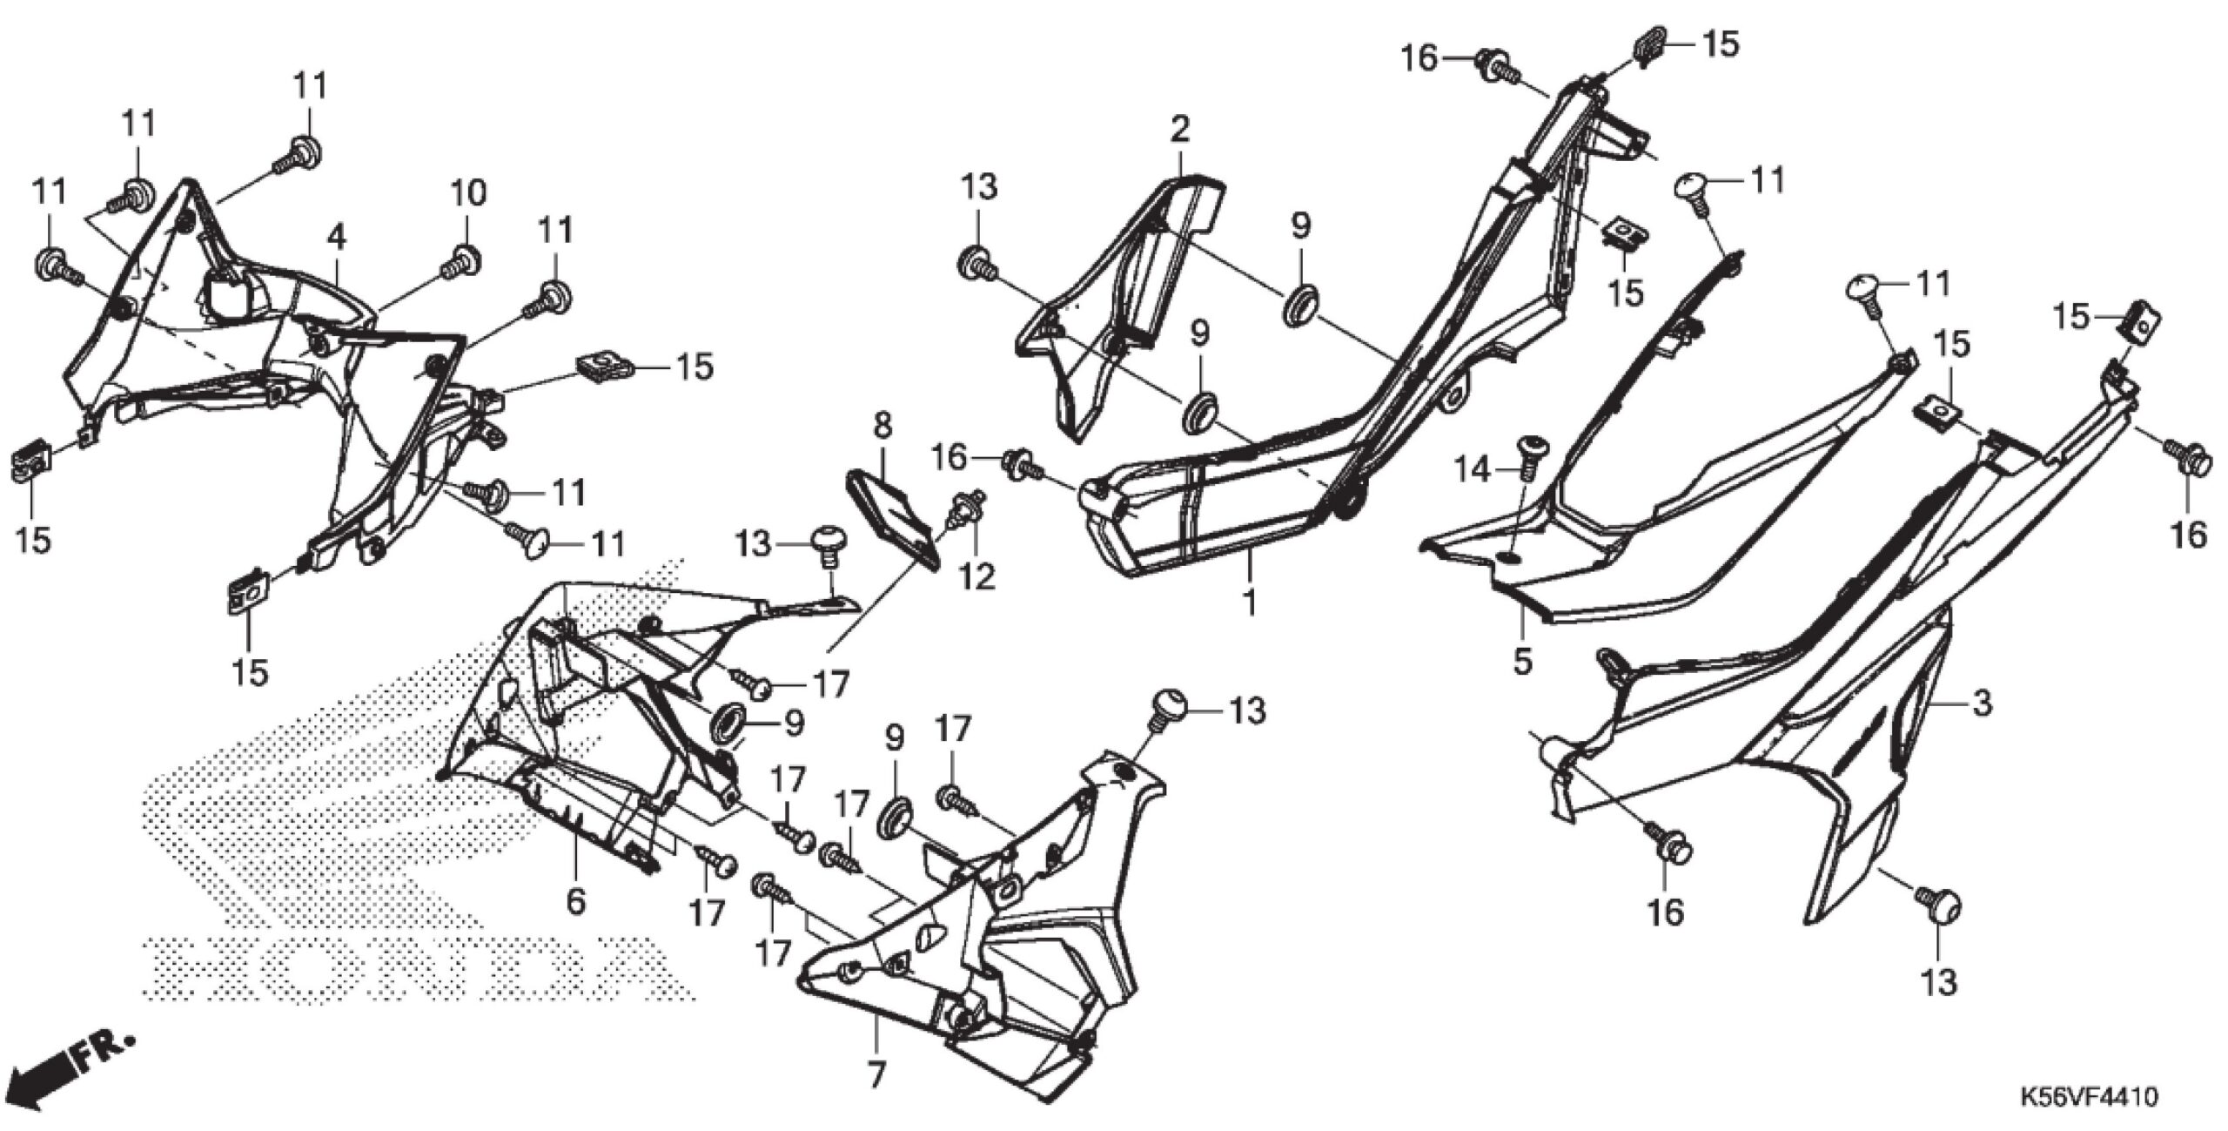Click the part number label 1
1249,601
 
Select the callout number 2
1179,130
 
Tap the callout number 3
1981,704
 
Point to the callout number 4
337,236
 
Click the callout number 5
1521,661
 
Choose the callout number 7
876,1075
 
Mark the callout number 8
882,426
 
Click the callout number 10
467,193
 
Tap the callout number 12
979,576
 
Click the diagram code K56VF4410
2094,1096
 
